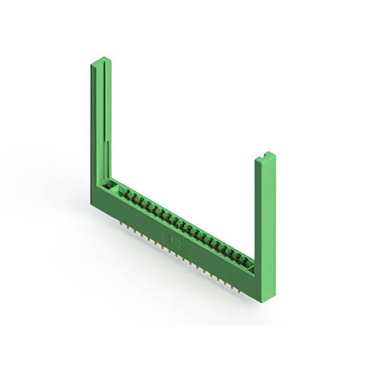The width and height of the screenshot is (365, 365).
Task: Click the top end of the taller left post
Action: click(100, 60)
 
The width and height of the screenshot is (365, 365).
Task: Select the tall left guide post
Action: click(100, 125)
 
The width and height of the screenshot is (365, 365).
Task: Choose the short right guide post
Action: click(265, 222)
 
